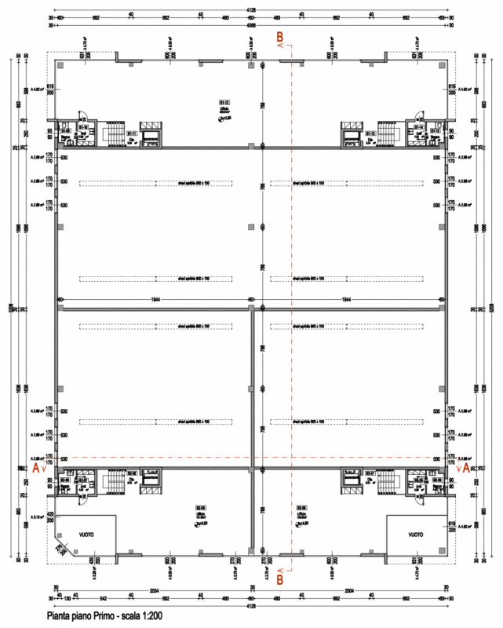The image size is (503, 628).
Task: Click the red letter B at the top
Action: [281, 36]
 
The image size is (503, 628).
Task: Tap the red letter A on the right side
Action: [467, 466]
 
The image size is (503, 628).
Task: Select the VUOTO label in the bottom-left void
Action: [87, 531]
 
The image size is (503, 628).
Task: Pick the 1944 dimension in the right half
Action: [345, 300]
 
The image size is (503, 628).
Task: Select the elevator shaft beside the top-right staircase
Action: [351, 133]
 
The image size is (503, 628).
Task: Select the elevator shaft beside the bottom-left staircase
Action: [149, 480]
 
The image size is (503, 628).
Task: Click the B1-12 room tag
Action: [223, 101]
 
